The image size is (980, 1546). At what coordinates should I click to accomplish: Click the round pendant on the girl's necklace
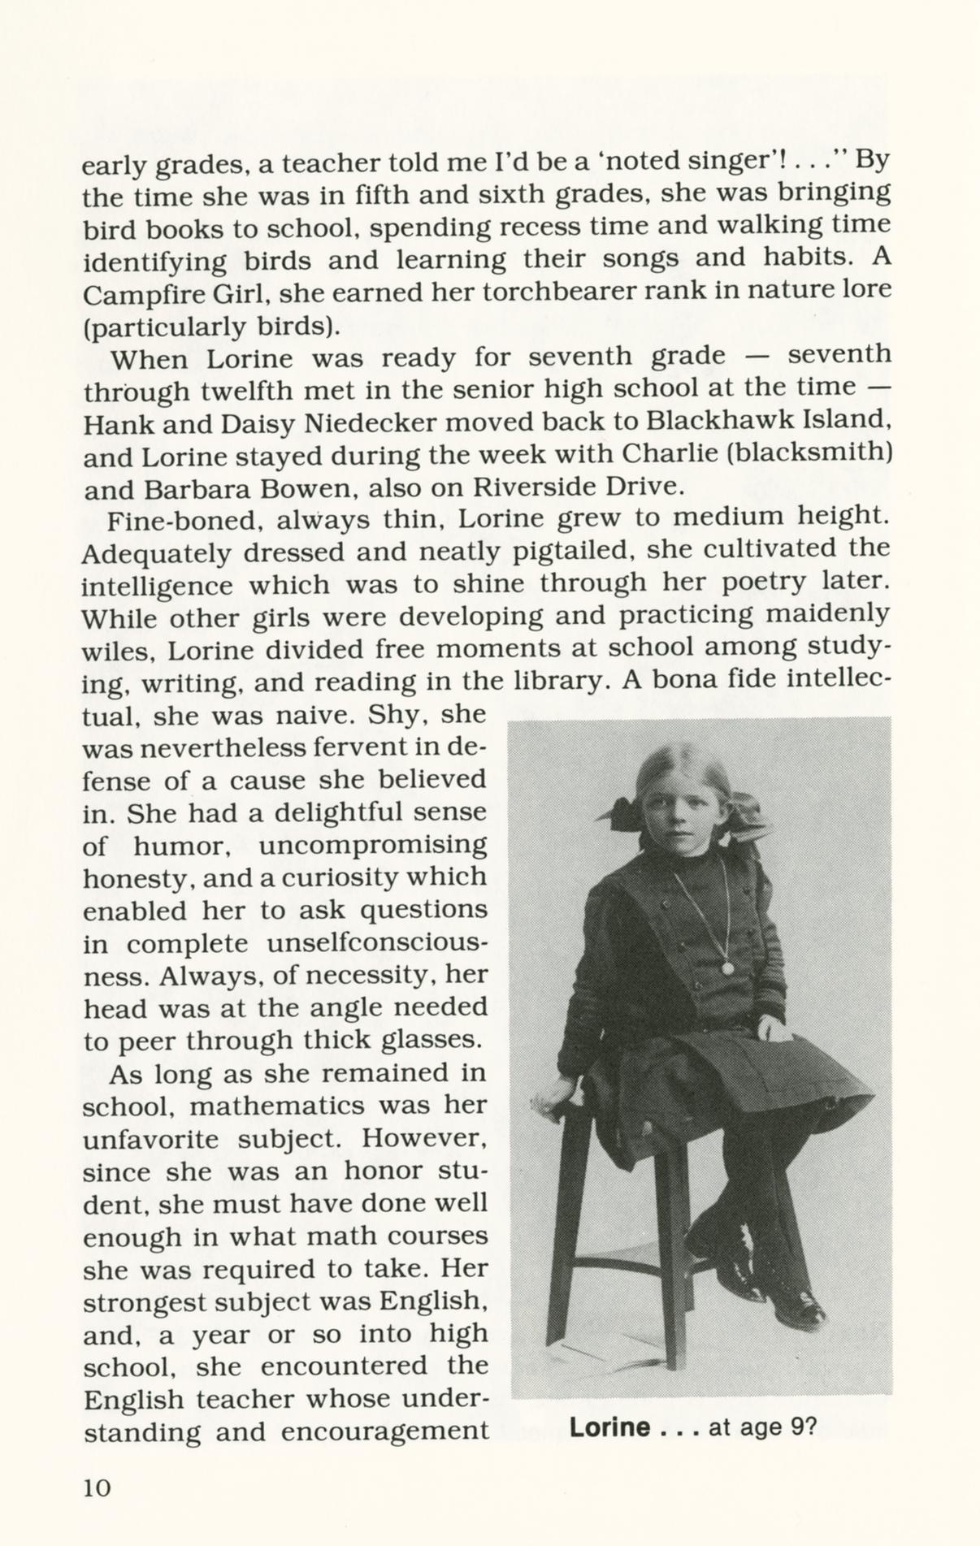coord(727,968)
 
